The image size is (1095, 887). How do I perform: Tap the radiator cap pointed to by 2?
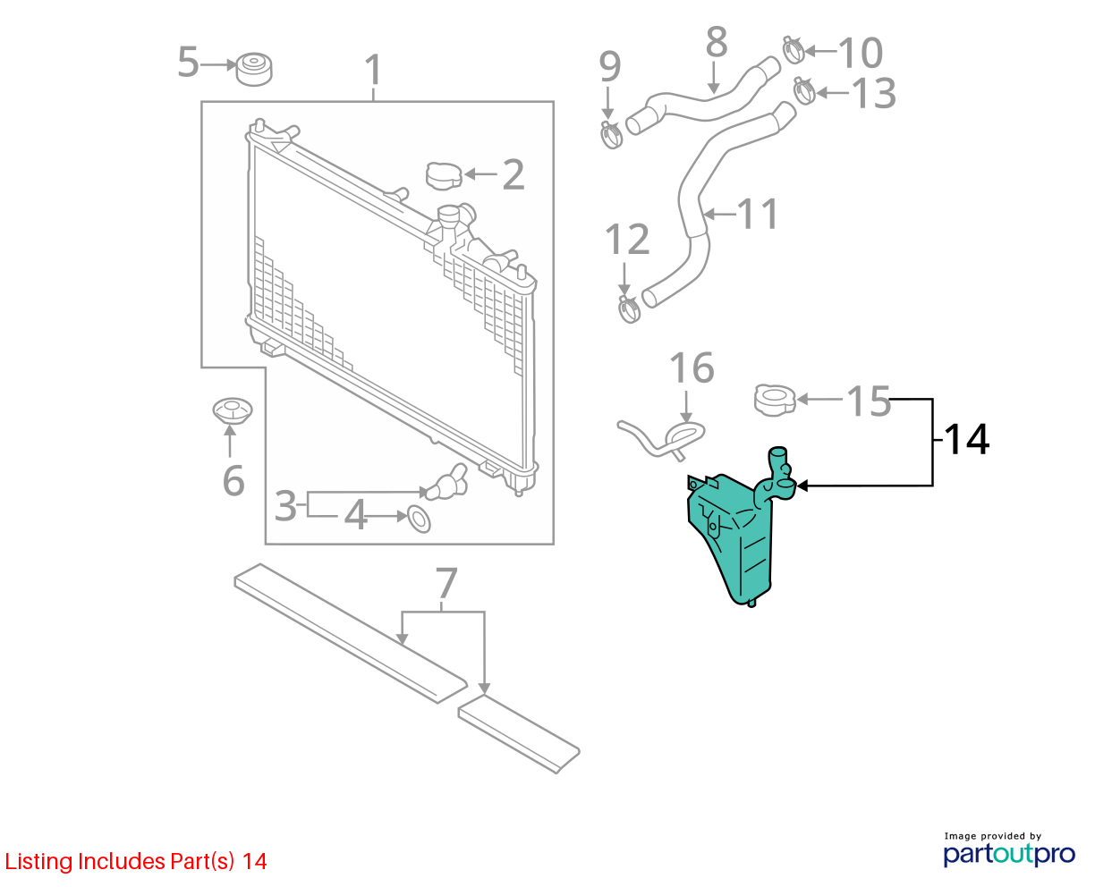443,176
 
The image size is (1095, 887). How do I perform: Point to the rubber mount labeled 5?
253,69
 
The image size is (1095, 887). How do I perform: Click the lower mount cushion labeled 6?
233,411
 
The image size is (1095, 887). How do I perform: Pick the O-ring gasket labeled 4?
419,519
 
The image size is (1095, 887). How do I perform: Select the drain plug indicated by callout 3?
446,483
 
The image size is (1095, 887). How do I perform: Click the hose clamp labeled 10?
794,50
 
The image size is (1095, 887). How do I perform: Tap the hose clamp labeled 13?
804,90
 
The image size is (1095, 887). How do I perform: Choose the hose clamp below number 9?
611,135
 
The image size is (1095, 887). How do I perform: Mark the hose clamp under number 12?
629,309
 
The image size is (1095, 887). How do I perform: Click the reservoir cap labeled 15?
775,401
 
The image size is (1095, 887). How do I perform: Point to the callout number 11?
757,214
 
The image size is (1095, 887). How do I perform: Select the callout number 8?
717,41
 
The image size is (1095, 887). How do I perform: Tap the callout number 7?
446,583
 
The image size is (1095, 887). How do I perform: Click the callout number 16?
692,368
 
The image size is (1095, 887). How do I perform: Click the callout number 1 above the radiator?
373,70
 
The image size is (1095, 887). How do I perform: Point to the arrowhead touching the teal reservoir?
802,486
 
